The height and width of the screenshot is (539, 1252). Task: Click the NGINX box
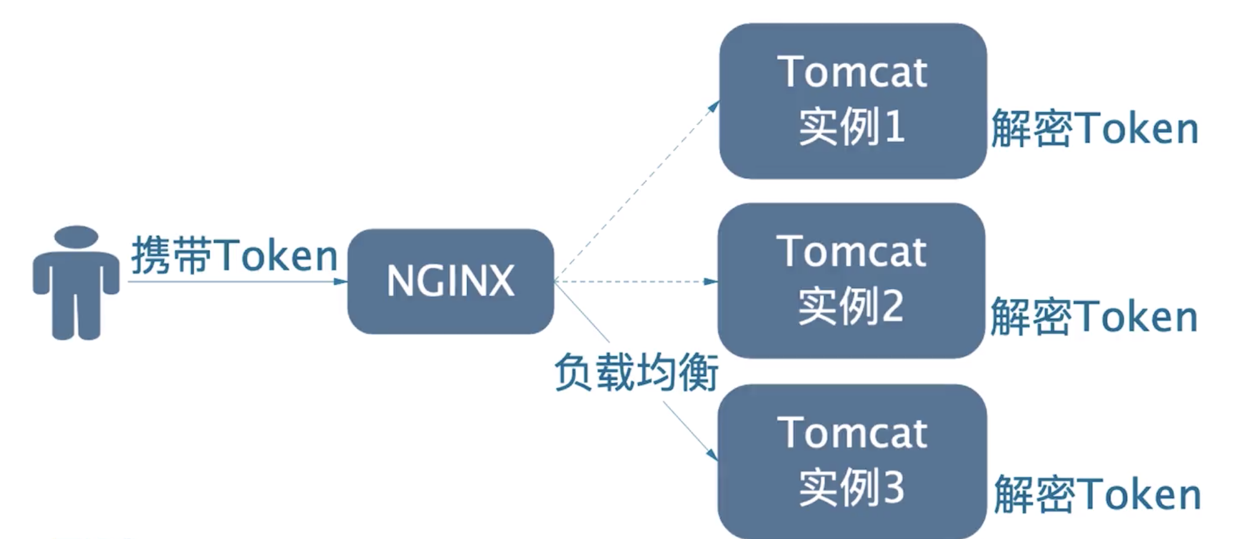tap(451, 281)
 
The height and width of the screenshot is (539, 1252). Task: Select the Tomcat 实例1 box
tap(852, 100)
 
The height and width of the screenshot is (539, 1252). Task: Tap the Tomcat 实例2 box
tap(851, 280)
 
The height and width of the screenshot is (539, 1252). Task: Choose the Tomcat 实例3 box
tap(852, 461)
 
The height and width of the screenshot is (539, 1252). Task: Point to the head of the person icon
tap(76, 236)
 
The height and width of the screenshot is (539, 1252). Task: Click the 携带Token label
tap(234, 255)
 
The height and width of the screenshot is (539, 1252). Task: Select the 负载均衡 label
tap(636, 372)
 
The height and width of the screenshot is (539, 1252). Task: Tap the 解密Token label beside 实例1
tap(1094, 129)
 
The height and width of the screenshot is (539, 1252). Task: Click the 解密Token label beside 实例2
tap(1093, 316)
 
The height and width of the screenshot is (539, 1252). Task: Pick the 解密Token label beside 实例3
tap(1097, 494)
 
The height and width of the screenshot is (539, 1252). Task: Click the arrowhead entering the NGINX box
tap(341, 282)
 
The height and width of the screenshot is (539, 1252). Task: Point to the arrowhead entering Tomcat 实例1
tap(714, 106)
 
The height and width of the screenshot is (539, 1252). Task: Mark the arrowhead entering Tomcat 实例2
tap(711, 282)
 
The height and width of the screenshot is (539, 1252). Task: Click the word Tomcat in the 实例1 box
tap(852, 72)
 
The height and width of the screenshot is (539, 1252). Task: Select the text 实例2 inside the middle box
tap(851, 306)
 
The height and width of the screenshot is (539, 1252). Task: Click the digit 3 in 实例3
tap(894, 487)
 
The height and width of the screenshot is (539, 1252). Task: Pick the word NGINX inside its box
tap(451, 281)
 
